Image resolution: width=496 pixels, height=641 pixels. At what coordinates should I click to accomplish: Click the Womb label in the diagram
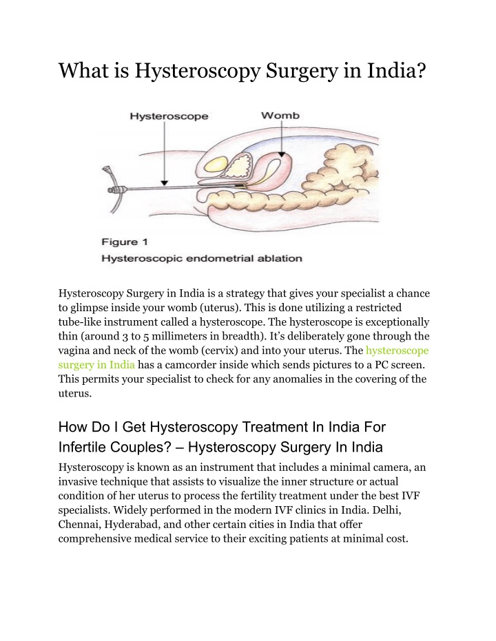pos(280,116)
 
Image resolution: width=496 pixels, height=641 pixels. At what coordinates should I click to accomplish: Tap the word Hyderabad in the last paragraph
pos(132,524)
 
